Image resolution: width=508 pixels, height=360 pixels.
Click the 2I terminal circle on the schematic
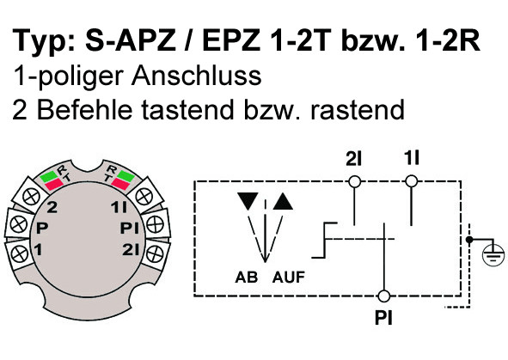pos(354,181)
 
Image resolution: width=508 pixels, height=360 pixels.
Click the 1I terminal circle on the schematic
pos(412,181)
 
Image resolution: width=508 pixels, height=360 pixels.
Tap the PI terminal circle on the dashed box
pos(384,296)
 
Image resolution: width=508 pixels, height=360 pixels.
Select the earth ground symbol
pos(493,253)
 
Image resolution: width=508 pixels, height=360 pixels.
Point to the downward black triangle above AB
pos(248,201)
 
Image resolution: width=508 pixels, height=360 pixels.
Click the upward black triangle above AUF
pos(283,201)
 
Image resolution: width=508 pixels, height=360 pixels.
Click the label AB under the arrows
pos(247,278)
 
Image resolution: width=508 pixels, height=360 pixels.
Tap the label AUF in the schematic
pos(289,278)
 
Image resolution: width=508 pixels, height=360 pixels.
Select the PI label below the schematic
pos(383,318)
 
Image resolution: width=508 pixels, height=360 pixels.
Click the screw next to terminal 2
pos(32,197)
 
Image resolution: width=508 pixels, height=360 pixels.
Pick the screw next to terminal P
pos(19,223)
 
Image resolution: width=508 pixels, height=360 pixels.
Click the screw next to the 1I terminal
pos(144,196)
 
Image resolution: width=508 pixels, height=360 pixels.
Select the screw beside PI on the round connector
pos(155,224)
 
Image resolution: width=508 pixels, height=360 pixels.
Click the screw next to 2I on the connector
pos(154,253)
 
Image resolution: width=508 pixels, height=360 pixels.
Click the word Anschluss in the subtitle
pos(196,76)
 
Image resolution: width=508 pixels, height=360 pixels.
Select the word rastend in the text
pos(358,109)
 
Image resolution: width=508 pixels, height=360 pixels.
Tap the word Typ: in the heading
pos(44,41)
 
